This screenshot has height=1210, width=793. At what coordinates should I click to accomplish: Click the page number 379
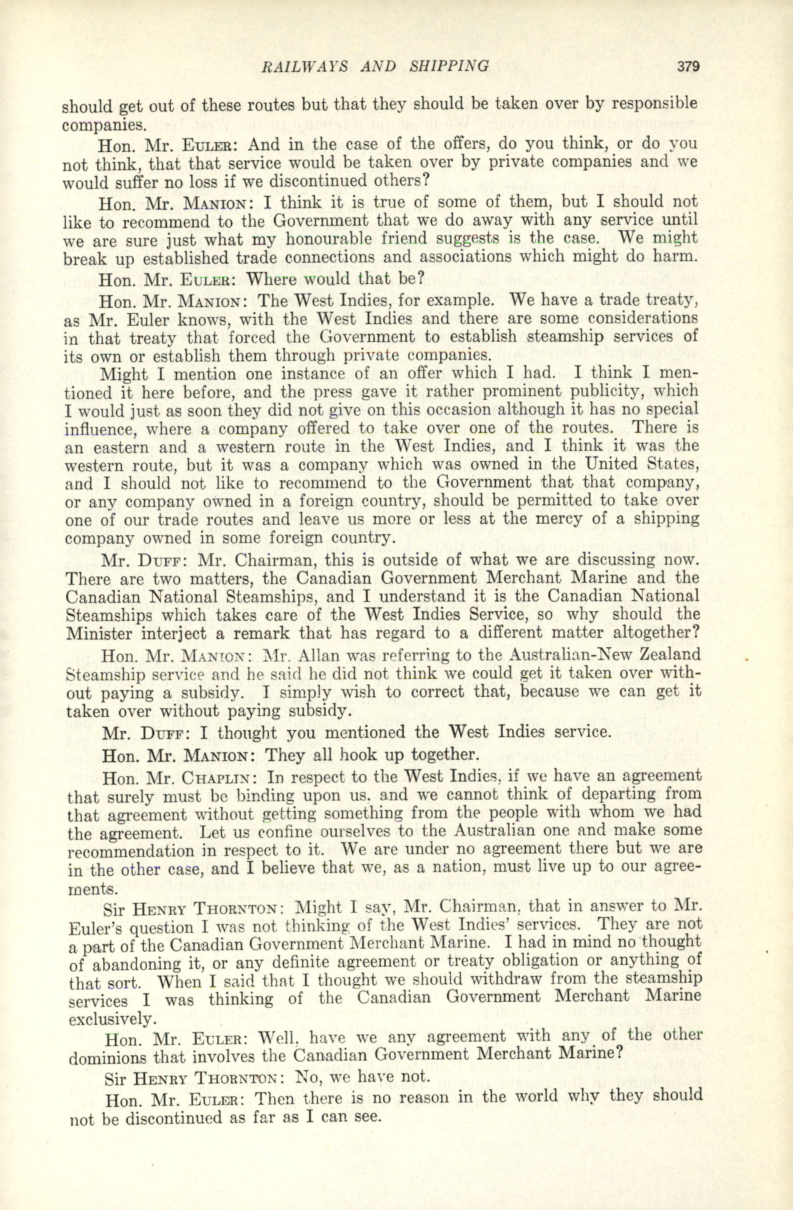688,67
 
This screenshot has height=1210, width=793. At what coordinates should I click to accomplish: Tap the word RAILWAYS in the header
304,67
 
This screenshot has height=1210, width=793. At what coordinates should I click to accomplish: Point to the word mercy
540,520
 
